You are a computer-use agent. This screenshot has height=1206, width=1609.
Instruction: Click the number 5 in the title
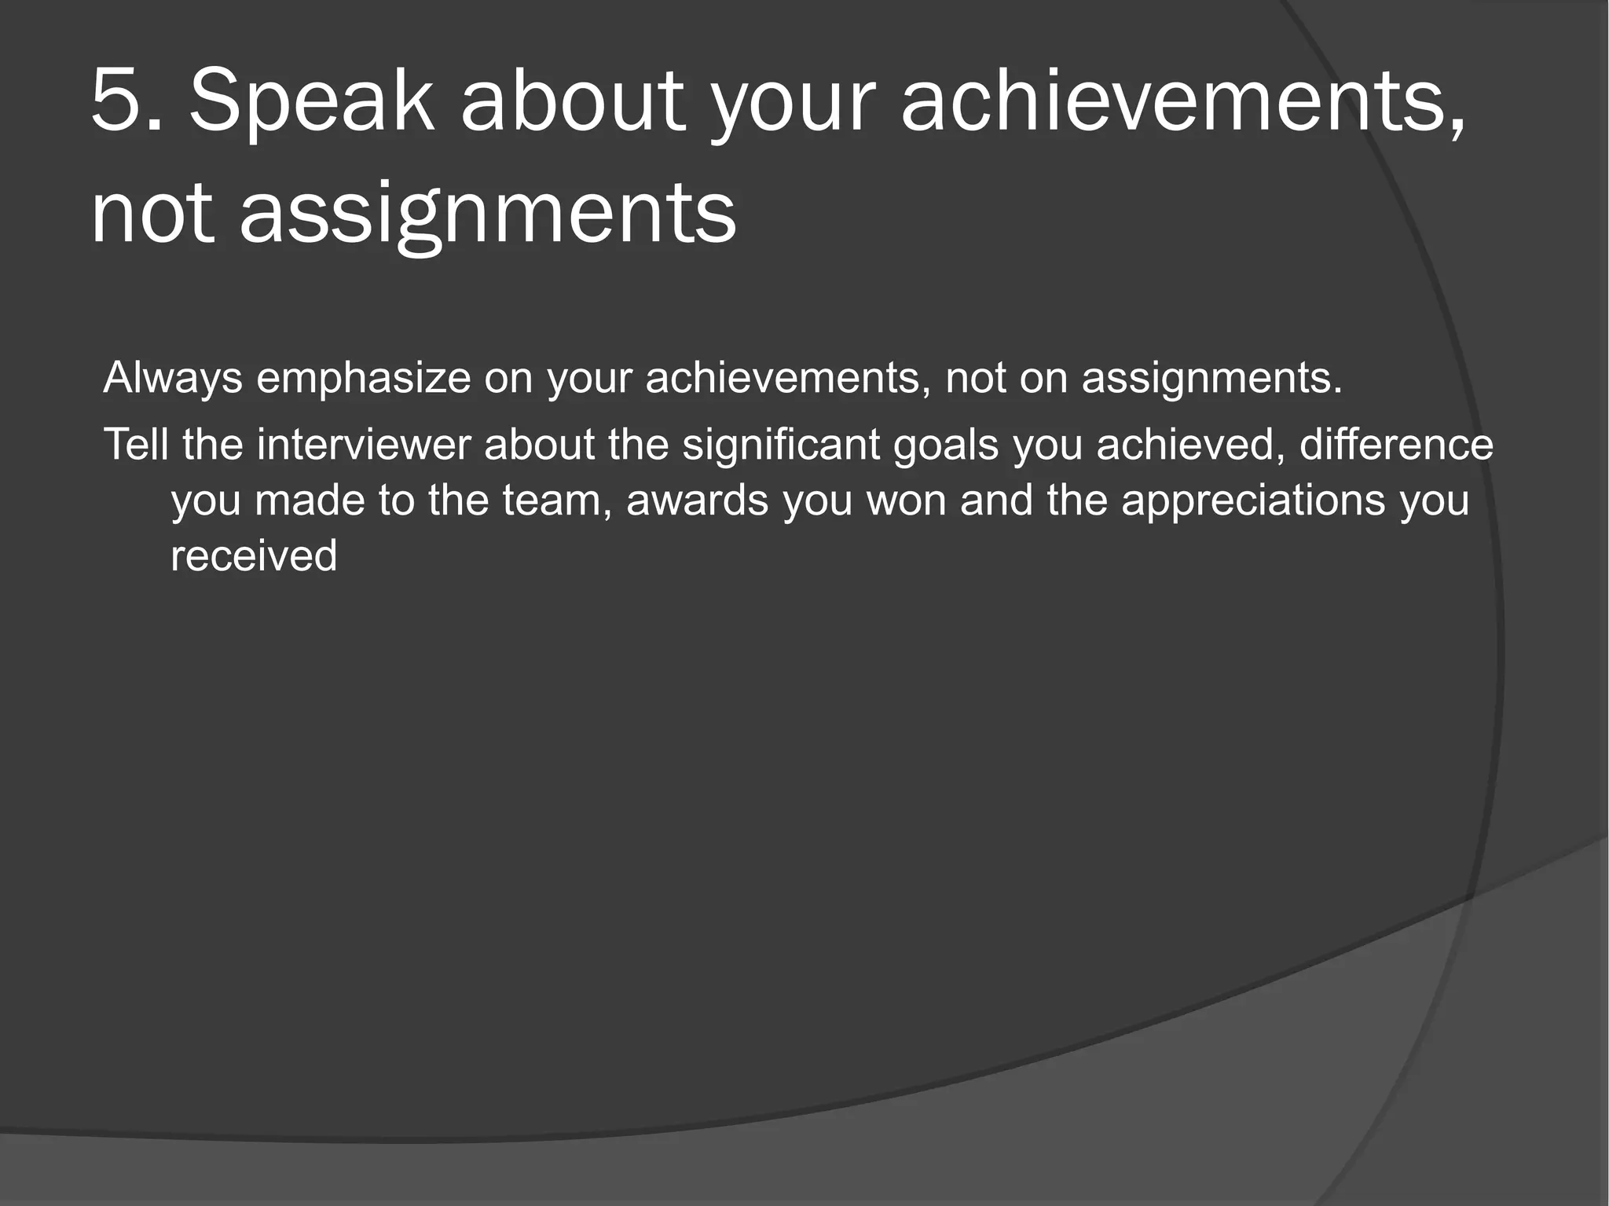[x=117, y=100]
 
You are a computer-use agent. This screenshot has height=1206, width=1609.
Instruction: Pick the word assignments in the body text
[x=1211, y=378]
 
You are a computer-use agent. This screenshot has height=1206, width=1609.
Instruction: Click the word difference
[x=1396, y=445]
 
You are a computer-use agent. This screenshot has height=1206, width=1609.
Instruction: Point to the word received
[x=254, y=556]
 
